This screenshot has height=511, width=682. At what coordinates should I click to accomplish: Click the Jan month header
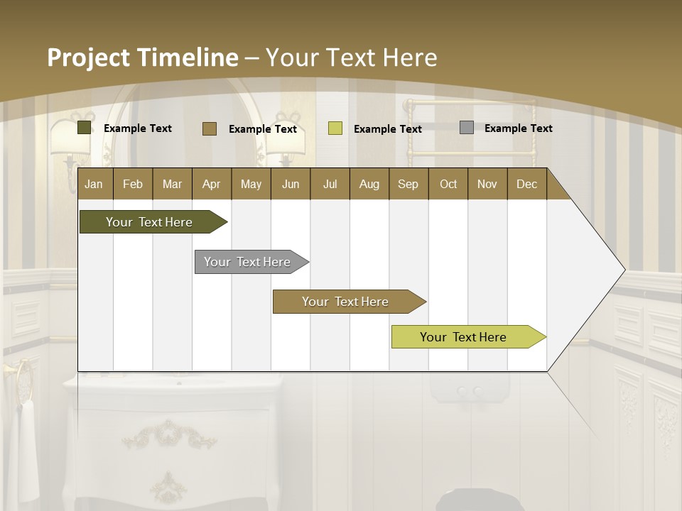tap(94, 185)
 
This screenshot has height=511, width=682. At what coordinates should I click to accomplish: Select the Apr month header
tap(211, 185)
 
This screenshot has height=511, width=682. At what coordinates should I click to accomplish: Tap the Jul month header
tap(330, 185)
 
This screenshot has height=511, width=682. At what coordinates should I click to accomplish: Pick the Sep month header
tap(408, 185)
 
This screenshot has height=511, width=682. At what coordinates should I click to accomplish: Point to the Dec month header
tap(526, 185)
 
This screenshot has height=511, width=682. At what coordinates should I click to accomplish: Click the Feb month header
tap(133, 185)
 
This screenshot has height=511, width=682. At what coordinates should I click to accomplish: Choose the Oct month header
tap(448, 185)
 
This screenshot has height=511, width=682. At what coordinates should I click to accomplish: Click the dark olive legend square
tap(85, 128)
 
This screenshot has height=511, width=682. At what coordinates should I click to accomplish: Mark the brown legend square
tap(210, 128)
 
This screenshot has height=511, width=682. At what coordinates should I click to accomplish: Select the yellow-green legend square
tap(335, 128)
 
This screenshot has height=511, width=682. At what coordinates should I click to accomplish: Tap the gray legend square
tap(467, 128)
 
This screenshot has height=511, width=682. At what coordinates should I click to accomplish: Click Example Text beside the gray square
tap(518, 128)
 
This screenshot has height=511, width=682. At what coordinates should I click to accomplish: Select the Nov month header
tap(487, 185)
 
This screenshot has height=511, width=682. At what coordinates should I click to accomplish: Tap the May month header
tap(251, 185)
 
